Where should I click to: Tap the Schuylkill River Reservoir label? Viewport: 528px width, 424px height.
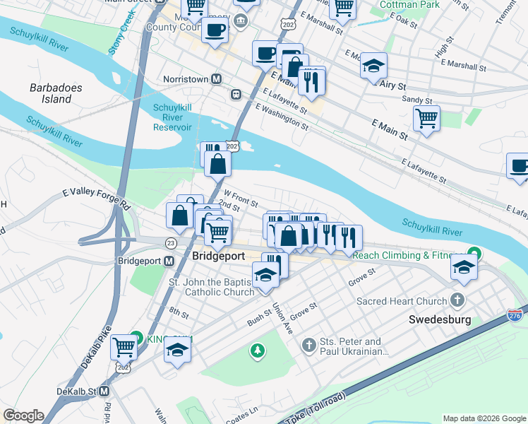(172, 117)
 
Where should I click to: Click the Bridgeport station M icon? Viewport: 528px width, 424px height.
(169, 261)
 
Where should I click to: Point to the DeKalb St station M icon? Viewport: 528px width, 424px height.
(104, 390)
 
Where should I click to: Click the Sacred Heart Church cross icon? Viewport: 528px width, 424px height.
(460, 300)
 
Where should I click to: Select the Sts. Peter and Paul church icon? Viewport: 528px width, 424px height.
(308, 345)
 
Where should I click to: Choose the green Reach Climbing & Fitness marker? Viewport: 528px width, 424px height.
(476, 254)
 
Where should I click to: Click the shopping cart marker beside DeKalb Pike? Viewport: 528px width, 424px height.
(124, 346)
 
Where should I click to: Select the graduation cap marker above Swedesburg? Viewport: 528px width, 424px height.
(464, 266)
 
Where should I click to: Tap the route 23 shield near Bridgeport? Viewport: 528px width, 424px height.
(171, 242)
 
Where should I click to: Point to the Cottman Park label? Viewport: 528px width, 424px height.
(409, 5)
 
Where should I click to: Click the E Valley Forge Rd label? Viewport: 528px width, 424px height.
(97, 197)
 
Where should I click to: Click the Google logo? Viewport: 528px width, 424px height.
(23, 416)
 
